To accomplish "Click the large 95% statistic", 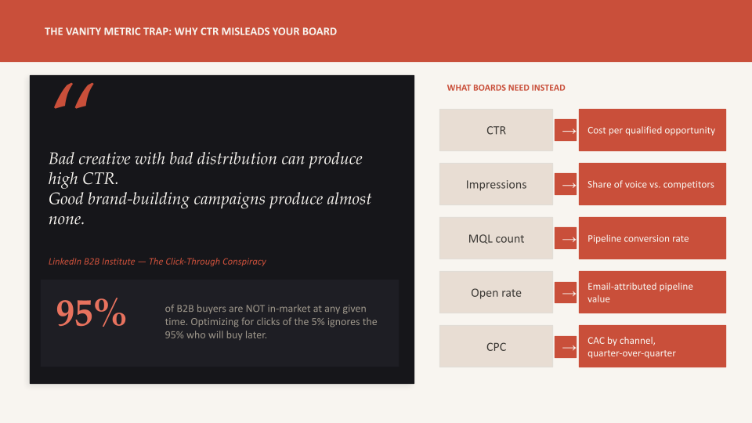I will pos(91,313).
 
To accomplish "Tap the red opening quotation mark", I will pos(74,96).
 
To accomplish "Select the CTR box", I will pos(496,130).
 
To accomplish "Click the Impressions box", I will pos(496,184).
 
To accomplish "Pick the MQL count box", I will pos(496,238).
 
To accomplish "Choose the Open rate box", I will pos(496,292).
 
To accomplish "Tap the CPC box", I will pos(496,346).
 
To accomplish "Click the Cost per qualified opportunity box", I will pos(652,130).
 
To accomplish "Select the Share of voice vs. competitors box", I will pos(652,184).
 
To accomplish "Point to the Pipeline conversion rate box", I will pos(652,238).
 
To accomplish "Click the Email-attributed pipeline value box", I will pos(652,292).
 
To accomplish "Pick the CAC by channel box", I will pos(652,346).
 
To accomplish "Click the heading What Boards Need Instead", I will pos(506,88).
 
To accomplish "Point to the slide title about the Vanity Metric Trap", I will pos(190,31).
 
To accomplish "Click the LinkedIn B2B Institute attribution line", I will pos(157,262).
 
